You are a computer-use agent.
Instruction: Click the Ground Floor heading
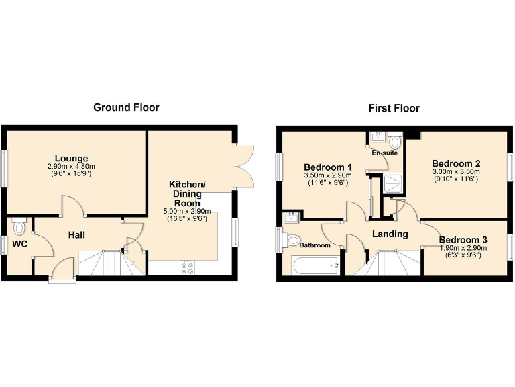tap(126, 107)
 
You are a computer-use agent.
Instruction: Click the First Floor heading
tap(394, 108)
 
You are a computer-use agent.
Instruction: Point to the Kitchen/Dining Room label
tap(192, 193)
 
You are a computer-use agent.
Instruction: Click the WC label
tap(19, 244)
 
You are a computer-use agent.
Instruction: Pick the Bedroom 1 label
tap(328, 167)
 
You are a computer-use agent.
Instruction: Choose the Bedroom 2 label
tap(456, 163)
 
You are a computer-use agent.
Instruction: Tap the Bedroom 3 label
tap(463, 240)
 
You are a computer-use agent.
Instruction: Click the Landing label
tap(390, 234)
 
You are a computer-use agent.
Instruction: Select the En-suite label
tap(385, 153)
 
